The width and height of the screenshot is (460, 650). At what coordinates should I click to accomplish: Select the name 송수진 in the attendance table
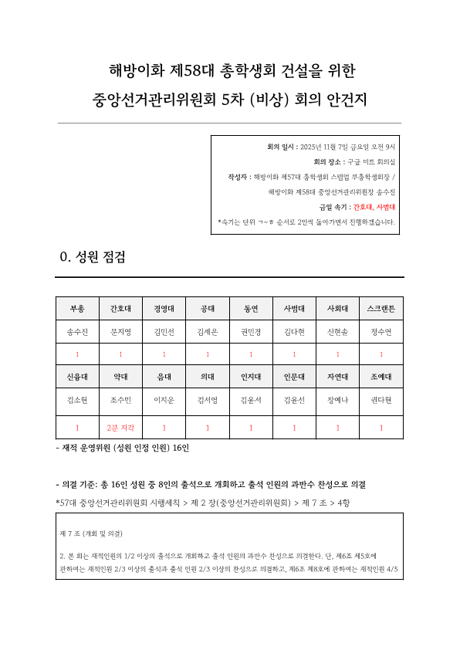point(77,333)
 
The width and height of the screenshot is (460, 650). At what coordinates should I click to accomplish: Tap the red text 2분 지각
point(120,427)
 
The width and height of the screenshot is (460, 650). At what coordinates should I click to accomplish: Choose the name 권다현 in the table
point(381,400)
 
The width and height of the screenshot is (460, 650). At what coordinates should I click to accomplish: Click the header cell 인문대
point(294,377)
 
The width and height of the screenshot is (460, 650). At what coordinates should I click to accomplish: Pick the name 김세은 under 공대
point(208,333)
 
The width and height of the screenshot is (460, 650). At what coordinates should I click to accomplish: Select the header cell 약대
point(120,377)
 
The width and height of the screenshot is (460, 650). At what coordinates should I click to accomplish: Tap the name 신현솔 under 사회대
point(338,333)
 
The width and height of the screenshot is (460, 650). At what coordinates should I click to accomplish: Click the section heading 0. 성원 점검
point(93,258)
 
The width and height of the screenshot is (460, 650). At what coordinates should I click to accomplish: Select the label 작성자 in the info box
point(238,177)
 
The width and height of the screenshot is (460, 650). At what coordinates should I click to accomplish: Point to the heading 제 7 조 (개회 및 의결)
point(91,533)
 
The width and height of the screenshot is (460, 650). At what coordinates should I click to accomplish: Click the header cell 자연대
point(338,377)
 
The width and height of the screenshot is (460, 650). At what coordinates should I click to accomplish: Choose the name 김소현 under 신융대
point(77,400)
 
